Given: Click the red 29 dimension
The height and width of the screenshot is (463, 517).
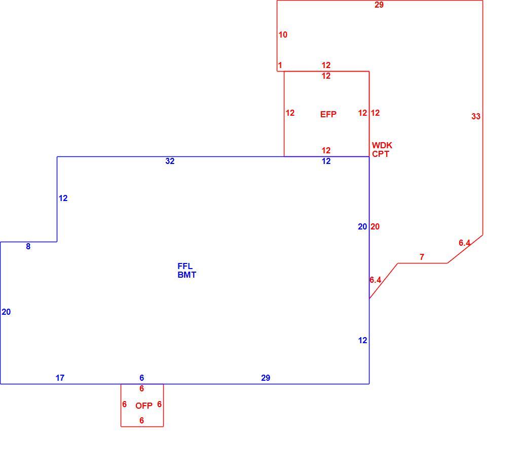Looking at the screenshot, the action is pos(379,5).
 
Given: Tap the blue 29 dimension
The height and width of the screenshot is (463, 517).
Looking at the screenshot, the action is pos(266,378).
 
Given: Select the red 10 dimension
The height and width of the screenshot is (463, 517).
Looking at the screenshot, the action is pos(283,35).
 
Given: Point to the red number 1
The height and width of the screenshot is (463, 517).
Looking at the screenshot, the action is pos(280,65).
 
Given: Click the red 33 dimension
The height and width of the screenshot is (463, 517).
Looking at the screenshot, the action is pos(476,116).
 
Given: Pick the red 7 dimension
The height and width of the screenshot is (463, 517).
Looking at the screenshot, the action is pos(422,256).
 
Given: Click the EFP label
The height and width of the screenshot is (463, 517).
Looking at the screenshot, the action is pos(328,114).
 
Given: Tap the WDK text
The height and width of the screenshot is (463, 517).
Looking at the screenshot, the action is pos(382,145).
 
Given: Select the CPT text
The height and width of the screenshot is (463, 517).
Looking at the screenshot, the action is pos(381,154).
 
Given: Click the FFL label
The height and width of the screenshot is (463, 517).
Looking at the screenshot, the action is pos(185,266).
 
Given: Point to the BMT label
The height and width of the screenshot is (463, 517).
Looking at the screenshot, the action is pos(187,275).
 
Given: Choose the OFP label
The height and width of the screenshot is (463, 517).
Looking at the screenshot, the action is pos(144,406).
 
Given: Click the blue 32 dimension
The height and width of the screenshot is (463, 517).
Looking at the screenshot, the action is pos(170,161).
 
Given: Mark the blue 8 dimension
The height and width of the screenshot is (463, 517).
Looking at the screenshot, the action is pos(28,246).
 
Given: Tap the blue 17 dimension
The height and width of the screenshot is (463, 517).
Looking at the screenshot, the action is pos(60,378).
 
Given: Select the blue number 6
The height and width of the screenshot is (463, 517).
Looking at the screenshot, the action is pos(142,378).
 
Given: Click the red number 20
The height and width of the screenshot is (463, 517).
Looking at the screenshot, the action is pos(375,226).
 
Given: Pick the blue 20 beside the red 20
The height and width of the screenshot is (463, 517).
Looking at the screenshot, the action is pos(362,226).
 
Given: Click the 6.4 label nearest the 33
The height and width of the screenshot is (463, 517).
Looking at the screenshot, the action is pos(464,243).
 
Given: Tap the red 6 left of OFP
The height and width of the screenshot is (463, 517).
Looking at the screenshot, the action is pos(124,404).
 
